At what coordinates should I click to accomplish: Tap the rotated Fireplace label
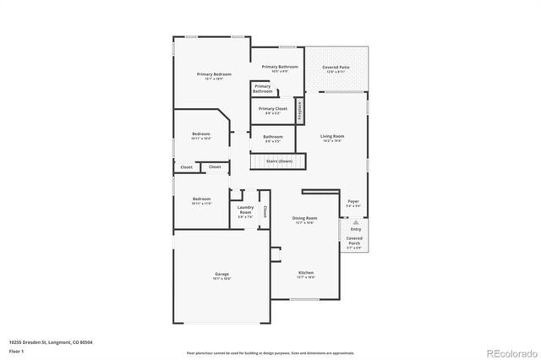[x=299, y=111]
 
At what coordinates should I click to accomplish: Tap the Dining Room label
[x=304, y=220]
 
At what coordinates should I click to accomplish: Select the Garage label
[x=221, y=275]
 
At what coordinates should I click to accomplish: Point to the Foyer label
[x=354, y=203]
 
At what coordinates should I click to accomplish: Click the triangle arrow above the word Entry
[x=356, y=221]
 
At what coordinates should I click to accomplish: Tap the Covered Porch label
[x=355, y=243]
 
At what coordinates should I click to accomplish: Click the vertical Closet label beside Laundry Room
[x=265, y=211]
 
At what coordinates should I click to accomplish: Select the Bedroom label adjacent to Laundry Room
[x=201, y=201]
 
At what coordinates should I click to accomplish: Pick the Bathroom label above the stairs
[x=272, y=139]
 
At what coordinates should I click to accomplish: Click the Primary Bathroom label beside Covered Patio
[x=280, y=68]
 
